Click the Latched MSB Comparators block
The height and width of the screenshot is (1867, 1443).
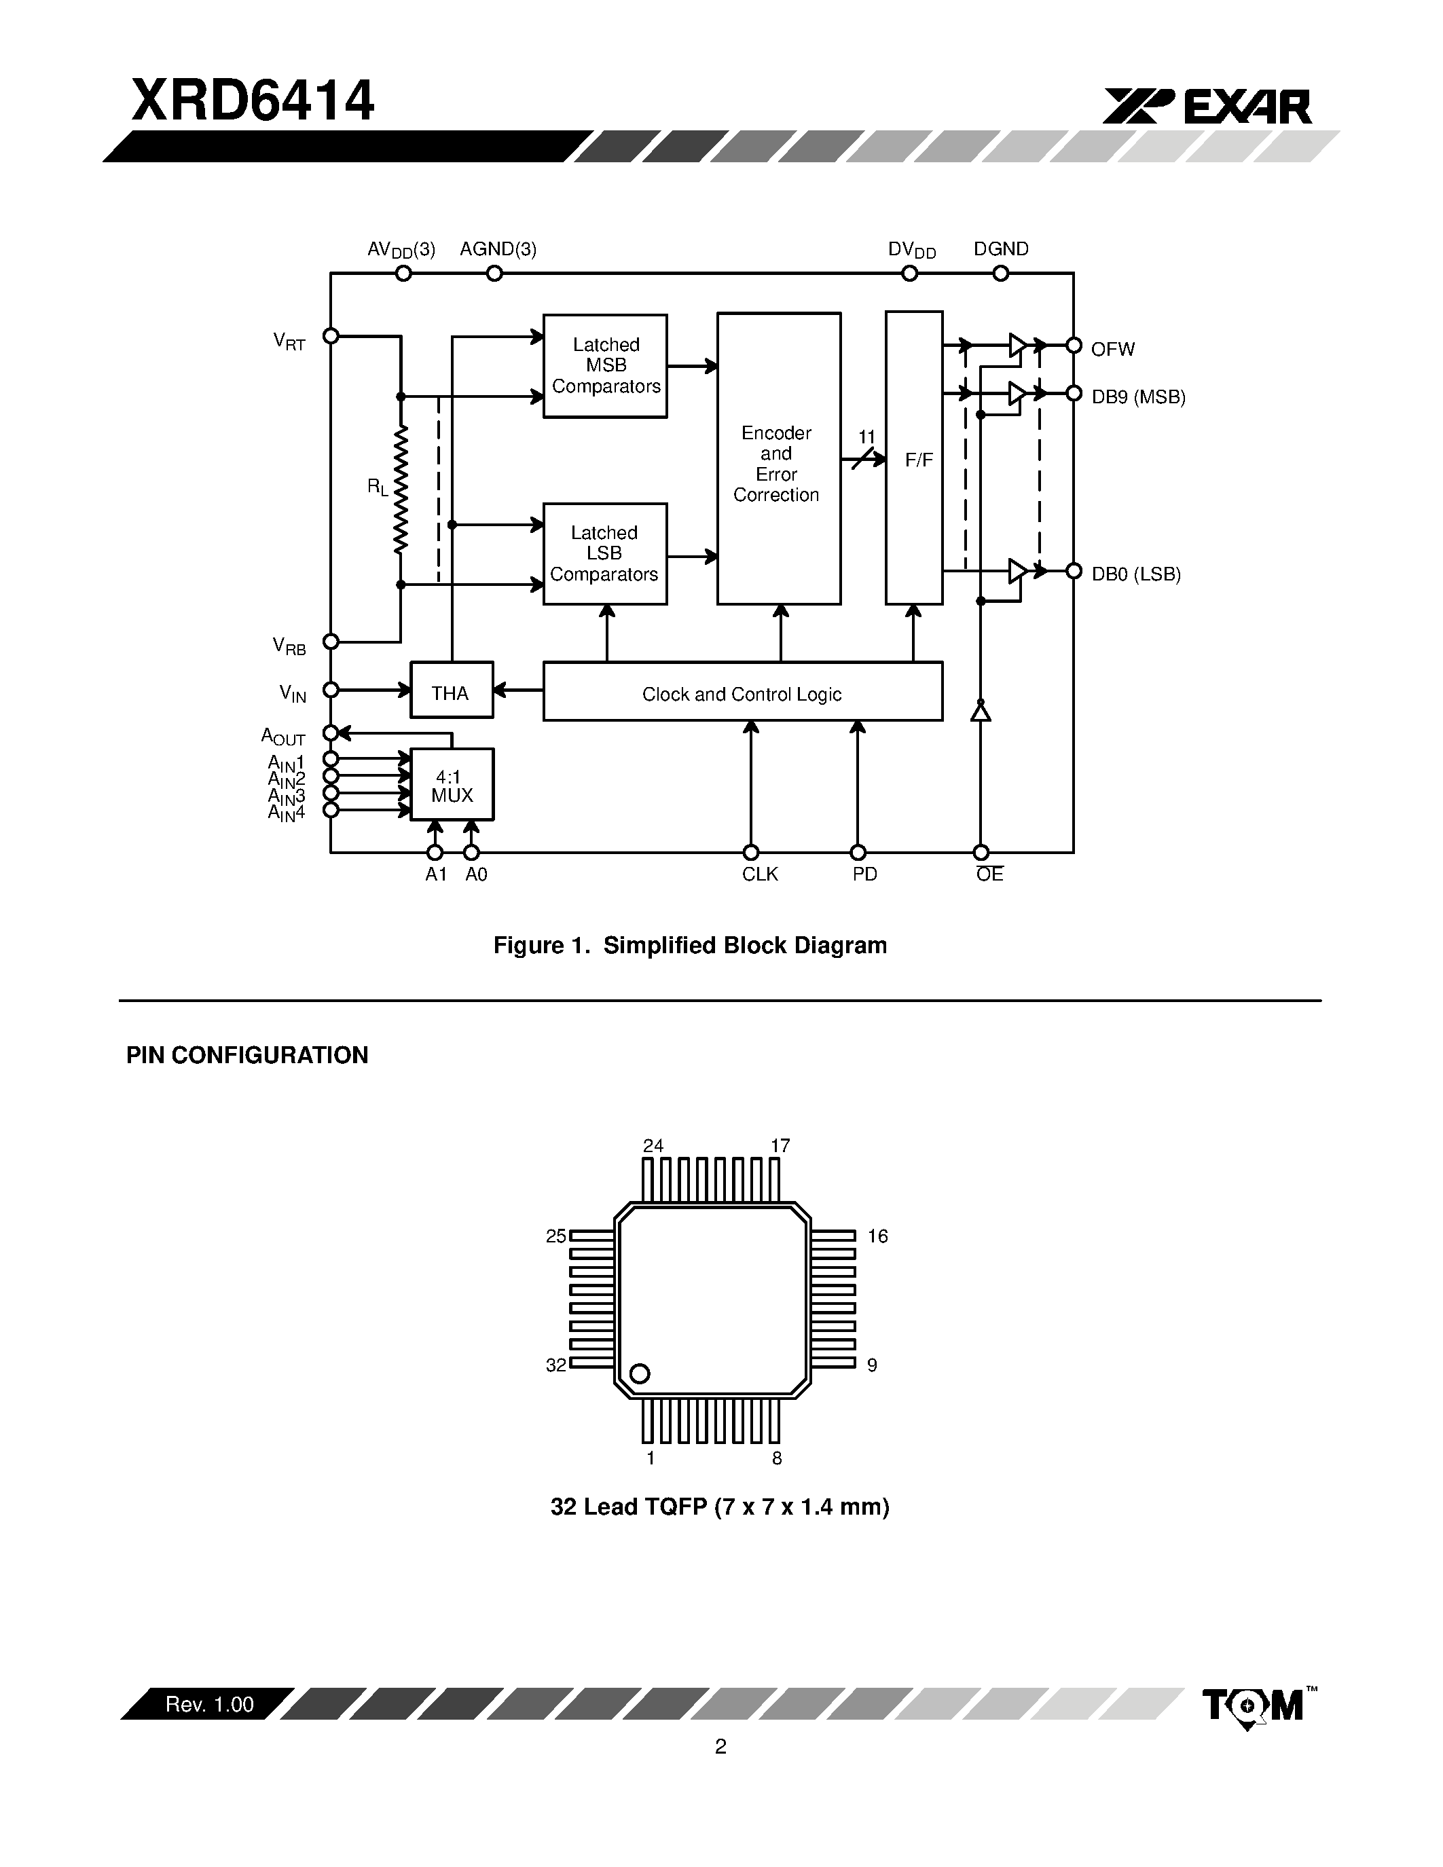[x=605, y=366]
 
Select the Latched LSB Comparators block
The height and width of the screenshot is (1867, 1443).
[x=604, y=554]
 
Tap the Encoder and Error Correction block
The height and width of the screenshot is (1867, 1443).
[x=778, y=460]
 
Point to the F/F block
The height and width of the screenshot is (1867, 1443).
[x=914, y=459]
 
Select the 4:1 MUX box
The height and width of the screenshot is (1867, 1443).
[x=452, y=785]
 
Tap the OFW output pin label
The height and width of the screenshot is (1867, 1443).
[x=1112, y=349]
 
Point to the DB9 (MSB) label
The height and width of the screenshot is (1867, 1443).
[x=1138, y=396]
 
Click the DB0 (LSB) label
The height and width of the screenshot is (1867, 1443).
[x=1135, y=574]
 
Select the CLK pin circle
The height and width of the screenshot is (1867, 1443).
[x=750, y=852]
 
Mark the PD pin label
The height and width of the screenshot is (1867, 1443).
[x=864, y=874]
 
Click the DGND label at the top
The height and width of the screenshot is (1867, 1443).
[x=1000, y=248]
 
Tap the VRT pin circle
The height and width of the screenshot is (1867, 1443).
[x=331, y=336]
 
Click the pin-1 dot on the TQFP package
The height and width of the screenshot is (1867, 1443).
[x=640, y=1373]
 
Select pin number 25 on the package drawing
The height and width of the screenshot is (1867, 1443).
[x=555, y=1236]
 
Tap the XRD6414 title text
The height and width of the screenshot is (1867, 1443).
[x=252, y=101]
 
